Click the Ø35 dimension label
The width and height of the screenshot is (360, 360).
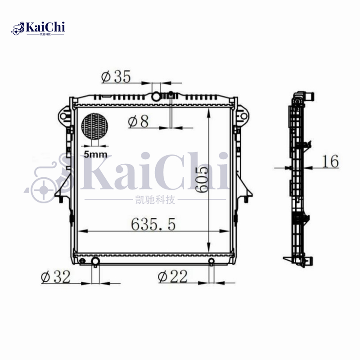116,77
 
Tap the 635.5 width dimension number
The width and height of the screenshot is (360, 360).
153,224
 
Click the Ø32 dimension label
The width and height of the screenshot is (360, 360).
56,277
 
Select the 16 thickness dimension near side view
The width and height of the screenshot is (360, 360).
331,162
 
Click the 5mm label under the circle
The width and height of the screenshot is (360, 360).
95,154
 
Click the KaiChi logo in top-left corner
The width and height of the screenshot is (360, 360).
39,28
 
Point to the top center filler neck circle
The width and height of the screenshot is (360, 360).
156,96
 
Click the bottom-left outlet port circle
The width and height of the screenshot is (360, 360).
95,261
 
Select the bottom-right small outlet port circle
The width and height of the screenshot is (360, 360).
211,262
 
